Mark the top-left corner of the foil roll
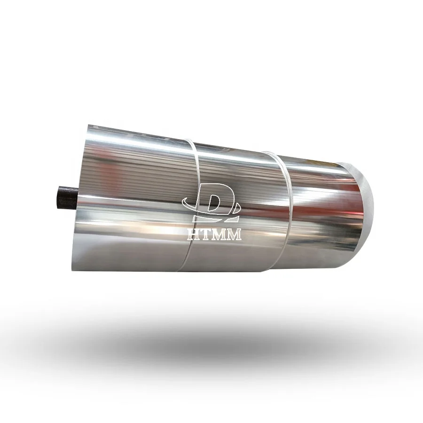(x=89, y=126)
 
